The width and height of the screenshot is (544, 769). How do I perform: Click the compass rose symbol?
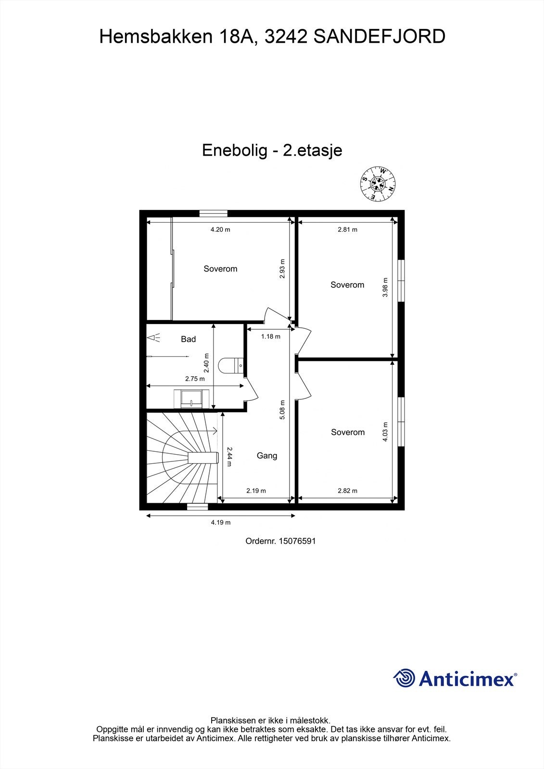379,184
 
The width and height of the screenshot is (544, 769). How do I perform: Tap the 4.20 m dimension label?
220,230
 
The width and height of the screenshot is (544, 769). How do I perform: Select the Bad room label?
188,339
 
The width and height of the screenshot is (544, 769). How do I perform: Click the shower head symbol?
154,338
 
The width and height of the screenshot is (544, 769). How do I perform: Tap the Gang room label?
266,456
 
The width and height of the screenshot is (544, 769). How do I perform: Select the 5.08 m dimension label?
282,409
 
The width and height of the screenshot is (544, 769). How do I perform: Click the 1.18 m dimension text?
270,336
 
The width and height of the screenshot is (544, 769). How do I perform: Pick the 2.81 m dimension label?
347,230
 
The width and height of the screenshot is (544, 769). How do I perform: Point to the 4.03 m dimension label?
385,432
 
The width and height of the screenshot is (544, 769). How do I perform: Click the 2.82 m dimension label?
347,491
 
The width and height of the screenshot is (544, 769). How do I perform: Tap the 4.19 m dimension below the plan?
220,522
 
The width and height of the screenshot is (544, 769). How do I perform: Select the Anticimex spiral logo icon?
404,678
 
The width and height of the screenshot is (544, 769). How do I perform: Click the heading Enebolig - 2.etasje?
272,150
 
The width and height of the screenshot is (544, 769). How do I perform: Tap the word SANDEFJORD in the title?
379,37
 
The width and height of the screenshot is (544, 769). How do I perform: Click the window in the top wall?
214,213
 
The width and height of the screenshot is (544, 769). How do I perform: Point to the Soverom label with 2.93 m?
220,269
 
